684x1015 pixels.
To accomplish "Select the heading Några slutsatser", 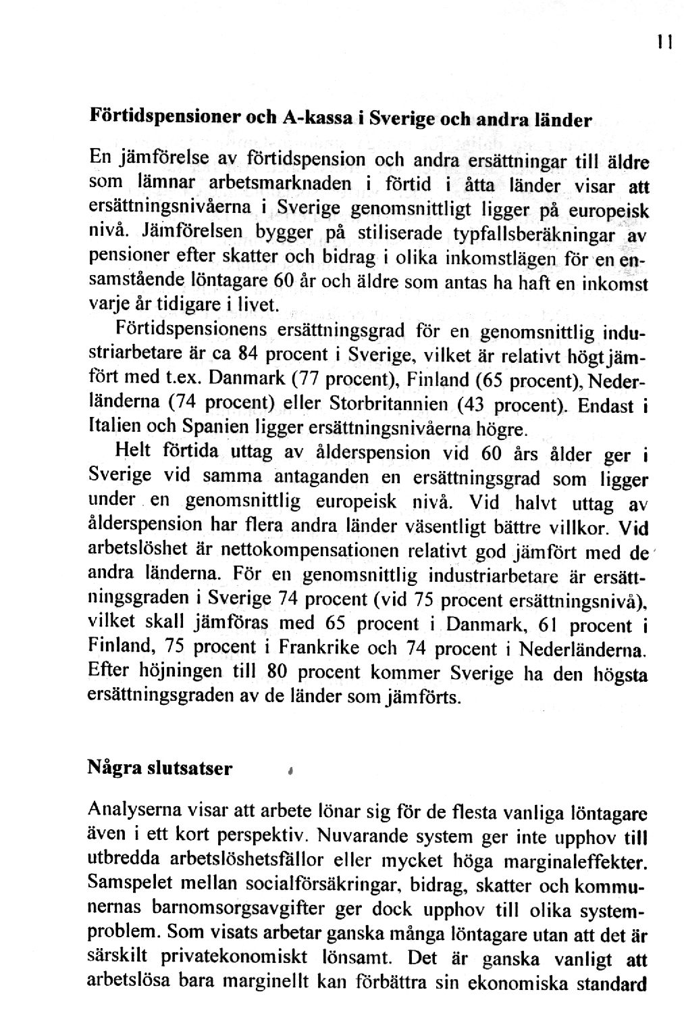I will coord(161,769).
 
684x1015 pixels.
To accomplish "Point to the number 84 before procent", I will coord(250,354).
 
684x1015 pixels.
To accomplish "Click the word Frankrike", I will coord(318,648).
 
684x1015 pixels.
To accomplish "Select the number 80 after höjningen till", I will coord(273,673).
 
